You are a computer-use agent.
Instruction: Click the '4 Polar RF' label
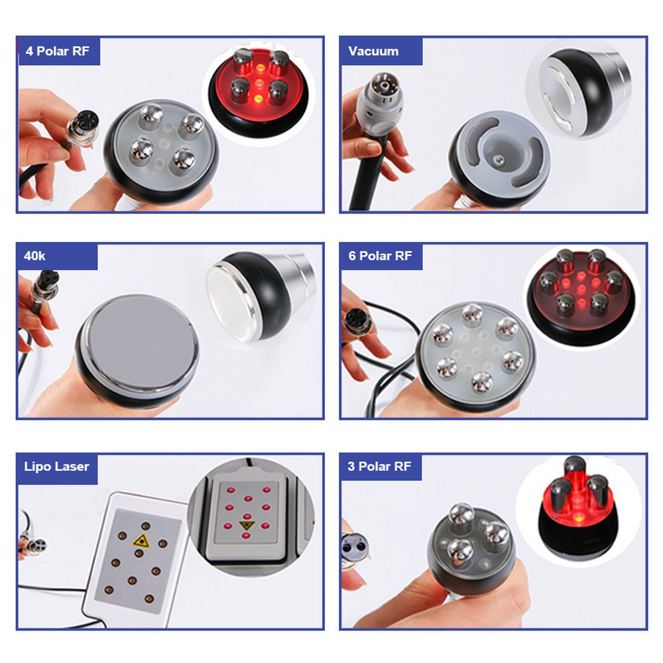[x=58, y=51]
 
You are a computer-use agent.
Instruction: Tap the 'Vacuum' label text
[x=373, y=51]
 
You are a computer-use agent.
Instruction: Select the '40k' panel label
[x=34, y=256]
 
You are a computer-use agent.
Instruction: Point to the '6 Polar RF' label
[x=380, y=256]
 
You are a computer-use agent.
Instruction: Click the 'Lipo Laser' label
[x=56, y=466]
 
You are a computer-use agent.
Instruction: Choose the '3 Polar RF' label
[x=379, y=466]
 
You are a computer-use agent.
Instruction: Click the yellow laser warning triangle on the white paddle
[x=141, y=541]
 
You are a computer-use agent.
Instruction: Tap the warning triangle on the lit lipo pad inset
[x=247, y=526]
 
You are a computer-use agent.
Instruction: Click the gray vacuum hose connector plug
[x=378, y=103]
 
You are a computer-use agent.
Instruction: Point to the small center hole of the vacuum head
[x=499, y=159]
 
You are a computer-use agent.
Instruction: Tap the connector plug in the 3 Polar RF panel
[x=354, y=549]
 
